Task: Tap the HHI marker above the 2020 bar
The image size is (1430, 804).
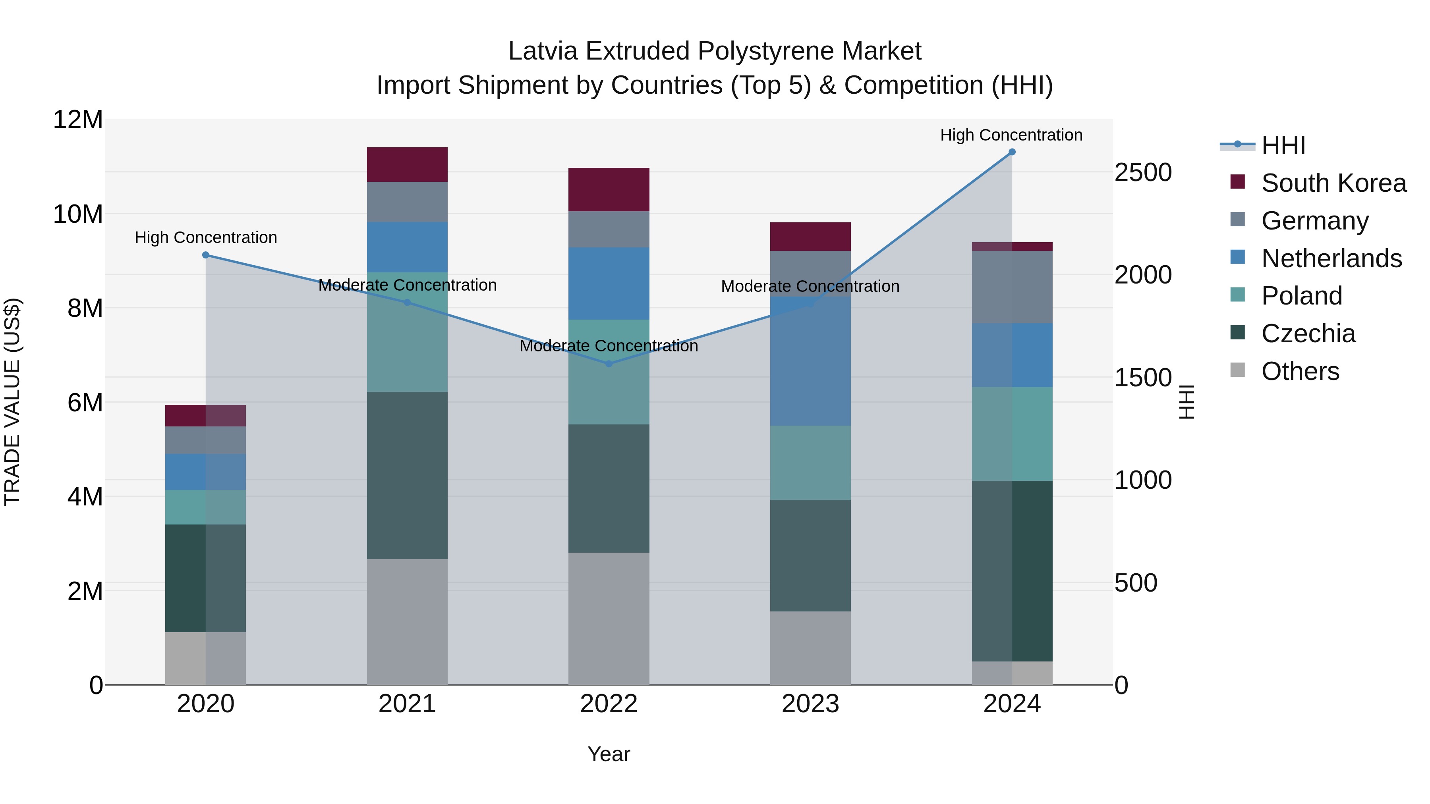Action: (205, 255)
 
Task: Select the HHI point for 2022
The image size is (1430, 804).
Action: (609, 364)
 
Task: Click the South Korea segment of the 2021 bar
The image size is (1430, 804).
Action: (407, 165)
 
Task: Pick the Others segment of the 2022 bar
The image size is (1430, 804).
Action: (609, 618)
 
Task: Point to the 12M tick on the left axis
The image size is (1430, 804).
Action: (78, 120)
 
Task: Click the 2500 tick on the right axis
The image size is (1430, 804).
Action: (1143, 173)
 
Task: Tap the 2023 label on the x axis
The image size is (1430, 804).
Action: (810, 704)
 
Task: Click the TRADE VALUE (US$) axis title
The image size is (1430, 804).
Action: (12, 402)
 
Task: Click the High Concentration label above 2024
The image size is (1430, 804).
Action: (1011, 135)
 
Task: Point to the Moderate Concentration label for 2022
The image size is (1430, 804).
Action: (609, 346)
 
